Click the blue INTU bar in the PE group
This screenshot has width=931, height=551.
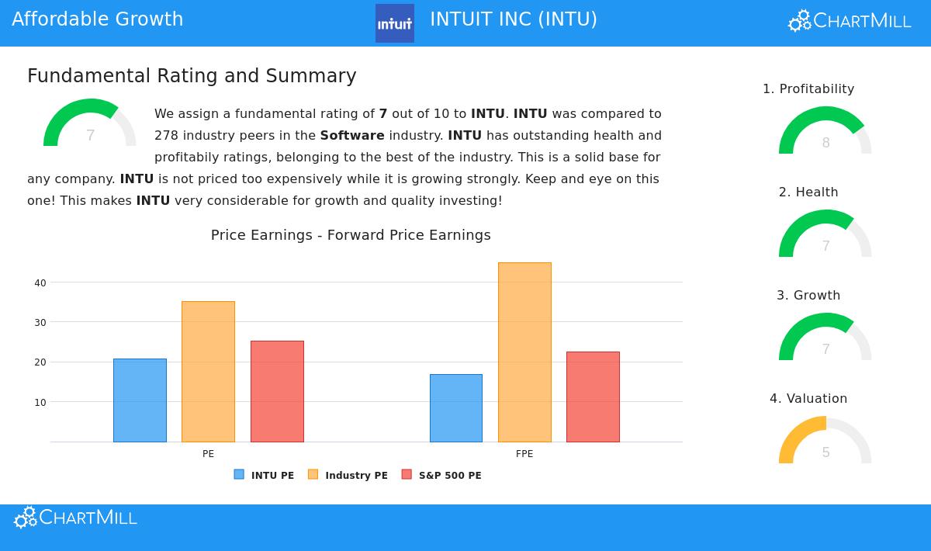coord(140,400)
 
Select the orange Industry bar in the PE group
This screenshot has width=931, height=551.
coord(208,372)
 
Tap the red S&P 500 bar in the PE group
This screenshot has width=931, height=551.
coord(277,391)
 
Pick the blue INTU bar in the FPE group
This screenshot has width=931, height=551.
coord(456,408)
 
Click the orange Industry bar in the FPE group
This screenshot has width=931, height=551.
coord(524,352)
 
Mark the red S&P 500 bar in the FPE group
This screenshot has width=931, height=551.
coord(593,397)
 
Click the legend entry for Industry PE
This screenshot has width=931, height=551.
coord(348,475)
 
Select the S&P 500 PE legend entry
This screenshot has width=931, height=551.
coord(441,475)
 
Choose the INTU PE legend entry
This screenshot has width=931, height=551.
coord(265,475)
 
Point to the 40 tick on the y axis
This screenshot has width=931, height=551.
coord(40,283)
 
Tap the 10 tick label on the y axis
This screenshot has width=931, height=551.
coord(40,403)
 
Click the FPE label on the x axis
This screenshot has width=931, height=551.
coord(524,454)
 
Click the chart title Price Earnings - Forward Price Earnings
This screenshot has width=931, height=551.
coord(351,235)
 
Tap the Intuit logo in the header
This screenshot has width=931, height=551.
coord(395,23)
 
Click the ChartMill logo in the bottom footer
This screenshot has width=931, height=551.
coord(75,518)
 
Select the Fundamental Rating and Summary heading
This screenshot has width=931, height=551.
coord(192,76)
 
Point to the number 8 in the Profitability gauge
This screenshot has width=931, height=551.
coord(825,143)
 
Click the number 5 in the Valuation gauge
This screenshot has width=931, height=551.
coord(825,452)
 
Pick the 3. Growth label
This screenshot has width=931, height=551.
coord(808,296)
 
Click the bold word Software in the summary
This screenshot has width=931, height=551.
coord(352,136)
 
